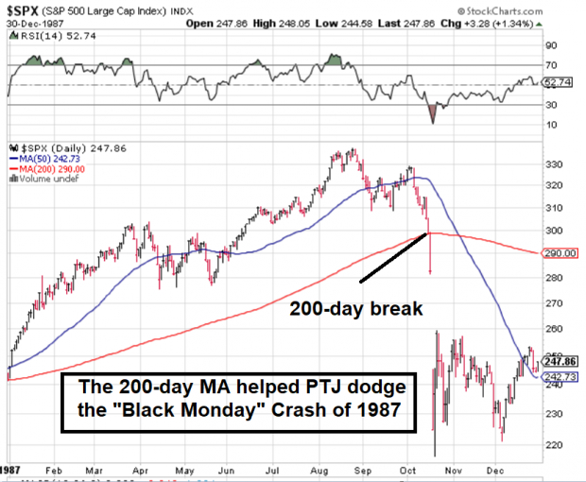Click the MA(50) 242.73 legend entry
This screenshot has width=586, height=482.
[x=45, y=159]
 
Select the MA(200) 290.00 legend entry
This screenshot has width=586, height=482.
[x=48, y=168]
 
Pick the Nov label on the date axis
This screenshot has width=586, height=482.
[x=455, y=469]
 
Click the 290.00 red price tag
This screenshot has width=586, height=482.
[x=560, y=253]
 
